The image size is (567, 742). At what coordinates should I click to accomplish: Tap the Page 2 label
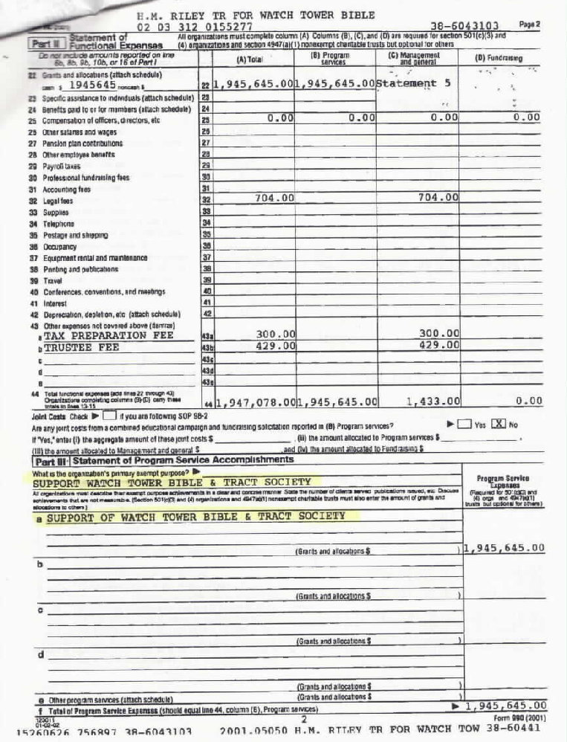pyautogui.click(x=529, y=24)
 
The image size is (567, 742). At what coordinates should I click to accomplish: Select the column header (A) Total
pyautogui.click(x=251, y=59)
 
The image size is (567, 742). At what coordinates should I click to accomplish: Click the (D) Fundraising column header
pyautogui.click(x=499, y=57)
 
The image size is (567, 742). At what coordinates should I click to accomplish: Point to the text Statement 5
pyautogui.click(x=414, y=84)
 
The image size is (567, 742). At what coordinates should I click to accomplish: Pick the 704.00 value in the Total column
pyautogui.click(x=274, y=198)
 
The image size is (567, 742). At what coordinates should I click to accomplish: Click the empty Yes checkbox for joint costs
pyautogui.click(x=463, y=425)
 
